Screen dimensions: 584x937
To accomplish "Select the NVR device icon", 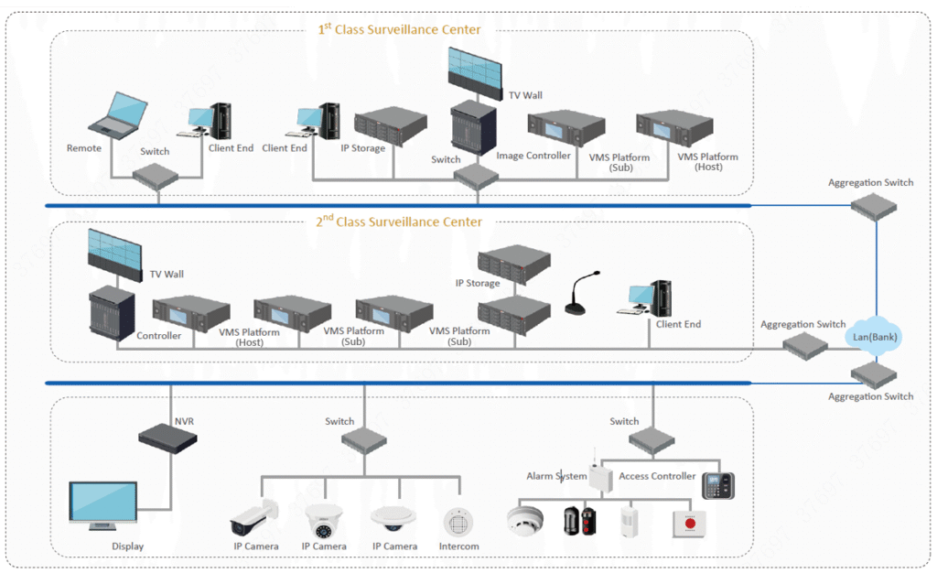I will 167,437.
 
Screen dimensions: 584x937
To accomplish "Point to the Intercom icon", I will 458,522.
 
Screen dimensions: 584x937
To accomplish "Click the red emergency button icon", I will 690,523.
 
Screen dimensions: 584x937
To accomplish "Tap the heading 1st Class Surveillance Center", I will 399,29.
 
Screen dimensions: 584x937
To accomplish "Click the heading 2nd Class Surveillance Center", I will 399,222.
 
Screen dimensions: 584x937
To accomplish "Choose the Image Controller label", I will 533,156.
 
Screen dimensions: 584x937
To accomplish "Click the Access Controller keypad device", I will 718,485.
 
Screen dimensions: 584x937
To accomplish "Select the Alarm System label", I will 556,476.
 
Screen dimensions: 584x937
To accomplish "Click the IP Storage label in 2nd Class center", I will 478,284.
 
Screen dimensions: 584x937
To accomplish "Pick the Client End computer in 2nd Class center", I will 651,299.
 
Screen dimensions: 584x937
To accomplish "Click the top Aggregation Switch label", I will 870,183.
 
